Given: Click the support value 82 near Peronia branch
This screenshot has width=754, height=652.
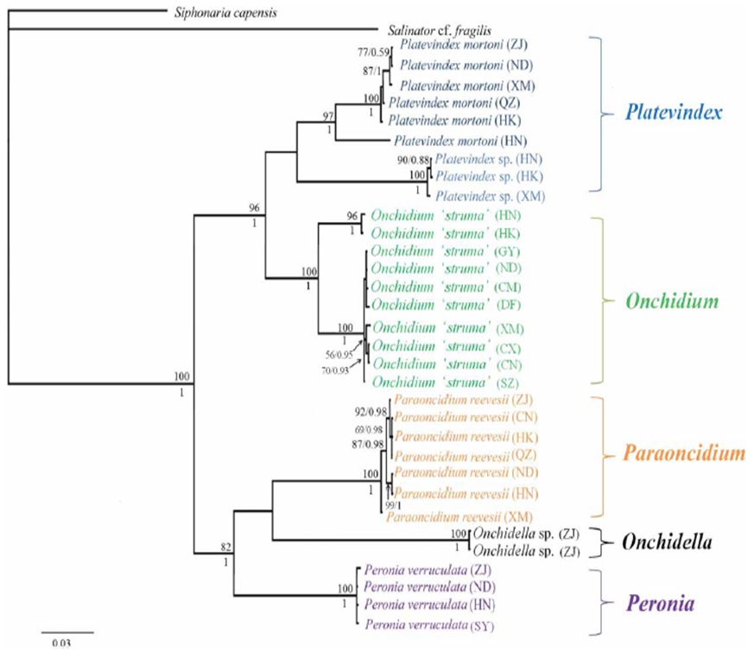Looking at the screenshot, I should pos(226,548).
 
